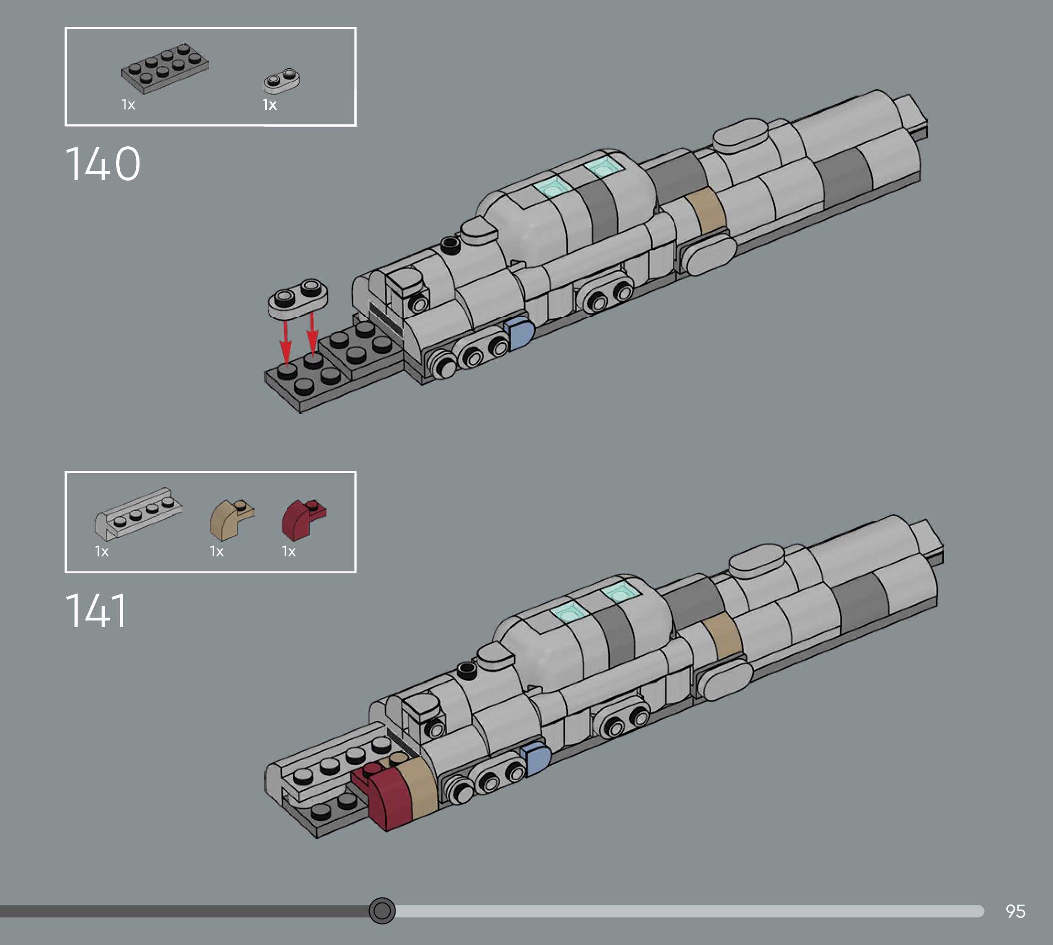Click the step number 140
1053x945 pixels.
pyautogui.click(x=103, y=164)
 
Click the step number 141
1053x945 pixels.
pyautogui.click(x=96, y=611)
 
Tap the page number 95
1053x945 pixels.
pyautogui.click(x=1015, y=911)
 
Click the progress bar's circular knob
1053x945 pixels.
pyautogui.click(x=382, y=910)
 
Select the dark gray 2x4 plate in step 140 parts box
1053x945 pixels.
pyautogui.click(x=165, y=69)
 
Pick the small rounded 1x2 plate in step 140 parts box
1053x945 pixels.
pyautogui.click(x=281, y=80)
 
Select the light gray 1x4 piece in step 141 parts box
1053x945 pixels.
pyautogui.click(x=138, y=513)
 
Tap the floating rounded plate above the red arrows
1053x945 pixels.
pyautogui.click(x=298, y=298)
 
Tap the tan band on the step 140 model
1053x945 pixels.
pyautogui.click(x=706, y=210)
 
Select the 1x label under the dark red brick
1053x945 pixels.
pyautogui.click(x=289, y=551)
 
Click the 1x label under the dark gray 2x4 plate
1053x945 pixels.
pyautogui.click(x=128, y=105)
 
